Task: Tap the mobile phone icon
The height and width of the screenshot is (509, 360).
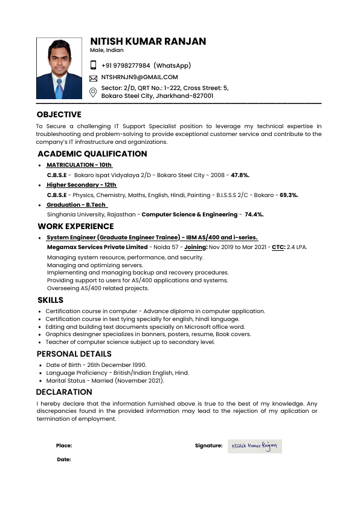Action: [x=94, y=65]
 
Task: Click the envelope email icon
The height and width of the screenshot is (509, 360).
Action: [x=94, y=78]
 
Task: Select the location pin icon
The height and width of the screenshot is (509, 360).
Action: [x=94, y=92]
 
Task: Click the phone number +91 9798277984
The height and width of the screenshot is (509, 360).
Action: [x=126, y=65]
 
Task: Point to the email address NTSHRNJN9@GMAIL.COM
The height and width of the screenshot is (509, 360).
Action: [x=140, y=77]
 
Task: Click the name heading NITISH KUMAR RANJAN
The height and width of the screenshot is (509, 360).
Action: [x=148, y=42]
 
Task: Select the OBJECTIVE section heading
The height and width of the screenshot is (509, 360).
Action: [x=59, y=114]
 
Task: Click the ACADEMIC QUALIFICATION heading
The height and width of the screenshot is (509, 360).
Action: [x=92, y=154]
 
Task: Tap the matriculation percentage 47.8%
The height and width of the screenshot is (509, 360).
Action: [x=240, y=175]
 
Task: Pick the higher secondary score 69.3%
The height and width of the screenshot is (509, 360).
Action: [x=289, y=195]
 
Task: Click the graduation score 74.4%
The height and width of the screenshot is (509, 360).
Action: [x=254, y=215]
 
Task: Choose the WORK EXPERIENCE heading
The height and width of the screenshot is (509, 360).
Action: [x=76, y=226]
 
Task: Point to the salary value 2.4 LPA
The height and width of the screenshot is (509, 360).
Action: [x=297, y=247]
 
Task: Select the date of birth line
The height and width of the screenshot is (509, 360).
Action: [x=96, y=365]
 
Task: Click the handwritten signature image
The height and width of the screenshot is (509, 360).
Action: [x=254, y=446]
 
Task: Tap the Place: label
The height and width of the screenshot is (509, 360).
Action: [x=64, y=446]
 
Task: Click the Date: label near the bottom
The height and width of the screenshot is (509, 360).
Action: [x=64, y=459]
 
